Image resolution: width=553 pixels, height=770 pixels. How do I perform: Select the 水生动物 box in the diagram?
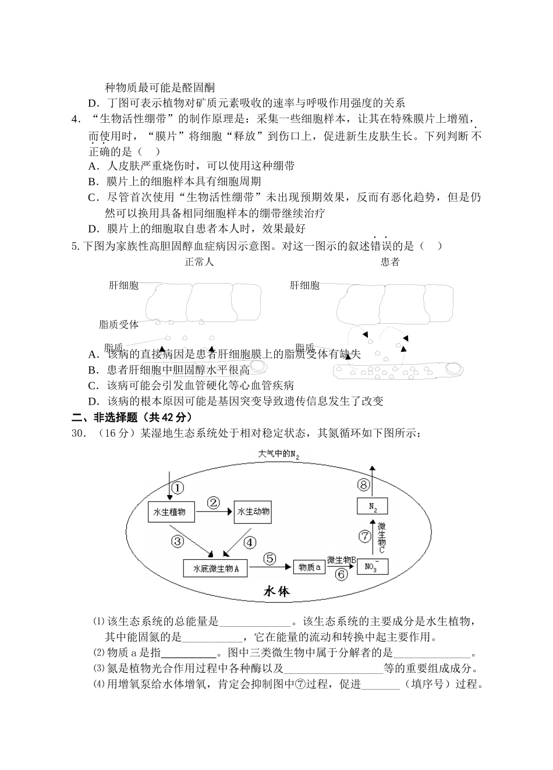(x=253, y=512)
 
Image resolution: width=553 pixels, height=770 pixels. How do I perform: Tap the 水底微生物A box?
(x=215, y=568)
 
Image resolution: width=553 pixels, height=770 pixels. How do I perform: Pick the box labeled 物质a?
(x=309, y=567)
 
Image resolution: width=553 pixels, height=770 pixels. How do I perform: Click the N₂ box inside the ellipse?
(x=372, y=506)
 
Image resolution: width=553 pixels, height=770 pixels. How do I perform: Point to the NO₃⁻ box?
(x=372, y=566)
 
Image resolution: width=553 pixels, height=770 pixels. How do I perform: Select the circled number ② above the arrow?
(x=214, y=502)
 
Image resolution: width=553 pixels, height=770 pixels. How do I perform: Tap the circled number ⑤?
(x=270, y=558)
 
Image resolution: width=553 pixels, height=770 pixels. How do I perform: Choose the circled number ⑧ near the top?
(x=364, y=485)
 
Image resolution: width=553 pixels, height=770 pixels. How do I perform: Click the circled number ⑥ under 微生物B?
(x=342, y=574)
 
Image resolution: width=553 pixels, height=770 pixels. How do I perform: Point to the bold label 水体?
(x=276, y=591)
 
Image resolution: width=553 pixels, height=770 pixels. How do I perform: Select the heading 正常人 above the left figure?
(x=199, y=262)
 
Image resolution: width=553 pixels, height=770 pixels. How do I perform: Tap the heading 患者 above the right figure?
(x=390, y=262)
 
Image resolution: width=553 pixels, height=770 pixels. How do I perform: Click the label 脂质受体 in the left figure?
(x=119, y=324)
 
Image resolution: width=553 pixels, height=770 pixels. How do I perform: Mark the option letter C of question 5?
(x=92, y=386)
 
